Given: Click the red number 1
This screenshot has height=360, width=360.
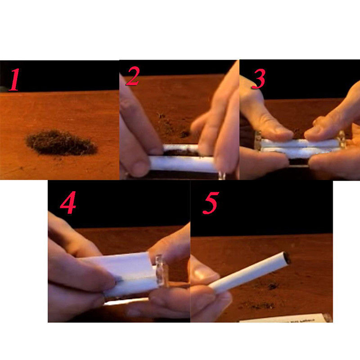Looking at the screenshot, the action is (14, 80).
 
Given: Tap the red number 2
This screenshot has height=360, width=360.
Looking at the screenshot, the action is (133, 76).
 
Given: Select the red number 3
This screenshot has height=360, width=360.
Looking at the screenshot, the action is (259, 79).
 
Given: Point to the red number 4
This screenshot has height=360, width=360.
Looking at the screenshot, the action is (68, 202).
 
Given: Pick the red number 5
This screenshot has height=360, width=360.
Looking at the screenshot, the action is (211, 203).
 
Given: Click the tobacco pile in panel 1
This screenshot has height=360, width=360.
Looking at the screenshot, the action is (61, 142).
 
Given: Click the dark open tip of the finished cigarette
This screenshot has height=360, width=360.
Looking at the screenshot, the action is (287, 257).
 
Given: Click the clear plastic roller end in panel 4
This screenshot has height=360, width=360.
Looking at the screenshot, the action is (162, 270).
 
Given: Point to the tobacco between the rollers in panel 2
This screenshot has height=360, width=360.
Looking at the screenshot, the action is (181, 152).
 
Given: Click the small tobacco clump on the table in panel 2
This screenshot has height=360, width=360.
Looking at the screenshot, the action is (185, 134).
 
